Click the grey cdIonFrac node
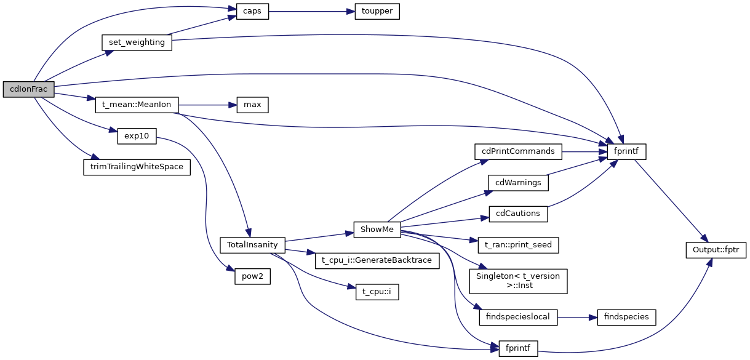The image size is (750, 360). coord(29,89)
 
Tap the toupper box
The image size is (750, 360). coord(377,12)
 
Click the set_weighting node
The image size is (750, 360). coord(136,42)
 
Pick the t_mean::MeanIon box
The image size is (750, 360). coord(136,105)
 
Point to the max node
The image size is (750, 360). coord(252,105)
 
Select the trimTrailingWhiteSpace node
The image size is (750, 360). coord(137,167)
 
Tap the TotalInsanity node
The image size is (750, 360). coord(252,244)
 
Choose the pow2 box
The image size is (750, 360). coord(252,276)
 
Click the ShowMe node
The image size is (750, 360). coord(377,229)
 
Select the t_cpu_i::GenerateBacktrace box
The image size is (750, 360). coord(377,260)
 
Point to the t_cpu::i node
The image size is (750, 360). coord(377,292)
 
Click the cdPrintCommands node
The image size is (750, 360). coord(518,151)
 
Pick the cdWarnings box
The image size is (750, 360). coord(518,182)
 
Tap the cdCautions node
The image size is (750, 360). coord(518,214)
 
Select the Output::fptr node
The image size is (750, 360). coord(716,250)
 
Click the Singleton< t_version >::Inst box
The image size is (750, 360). coord(518,281)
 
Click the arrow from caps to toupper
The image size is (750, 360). coord(311,12)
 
